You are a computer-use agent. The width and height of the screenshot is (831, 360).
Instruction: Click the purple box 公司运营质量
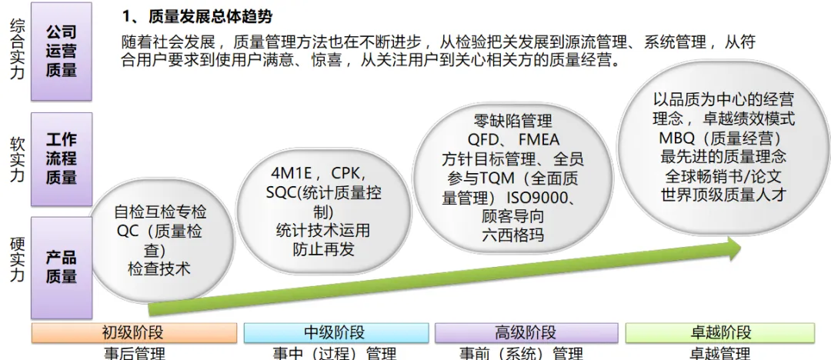[61, 51]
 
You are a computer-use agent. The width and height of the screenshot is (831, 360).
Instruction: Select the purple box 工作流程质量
[61, 159]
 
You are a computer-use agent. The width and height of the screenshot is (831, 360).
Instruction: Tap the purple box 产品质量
[61, 266]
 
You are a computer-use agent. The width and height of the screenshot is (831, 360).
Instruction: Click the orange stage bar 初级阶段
[133, 332]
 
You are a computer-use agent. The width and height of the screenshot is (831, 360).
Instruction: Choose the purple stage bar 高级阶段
[526, 332]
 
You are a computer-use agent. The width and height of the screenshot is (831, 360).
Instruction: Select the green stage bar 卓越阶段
[720, 332]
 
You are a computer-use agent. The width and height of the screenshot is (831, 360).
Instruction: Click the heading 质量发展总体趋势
[208, 16]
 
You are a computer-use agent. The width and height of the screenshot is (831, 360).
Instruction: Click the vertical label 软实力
[17, 159]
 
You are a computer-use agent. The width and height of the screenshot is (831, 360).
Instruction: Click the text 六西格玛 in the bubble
[512, 235]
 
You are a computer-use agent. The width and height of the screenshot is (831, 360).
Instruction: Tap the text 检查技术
[159, 269]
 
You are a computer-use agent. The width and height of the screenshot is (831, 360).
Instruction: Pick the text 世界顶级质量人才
[723, 194]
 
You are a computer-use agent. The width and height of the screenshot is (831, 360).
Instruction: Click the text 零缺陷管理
[512, 122]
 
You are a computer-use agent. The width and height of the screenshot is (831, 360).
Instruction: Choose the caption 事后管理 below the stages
[134, 354]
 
